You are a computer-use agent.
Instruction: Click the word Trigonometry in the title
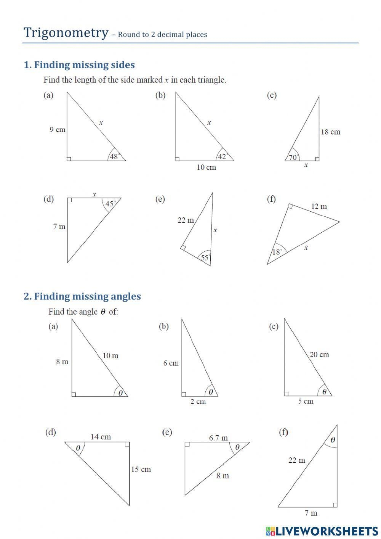[x=66, y=33]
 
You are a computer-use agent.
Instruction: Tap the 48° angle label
[x=115, y=156]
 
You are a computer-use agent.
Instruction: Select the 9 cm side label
[x=57, y=130]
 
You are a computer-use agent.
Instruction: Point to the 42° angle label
[x=223, y=156]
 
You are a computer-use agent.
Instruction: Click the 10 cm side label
[x=206, y=167]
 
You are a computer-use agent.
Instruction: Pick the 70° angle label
[x=294, y=157]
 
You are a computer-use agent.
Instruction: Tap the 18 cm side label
[x=330, y=132]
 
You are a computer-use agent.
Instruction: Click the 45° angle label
[x=110, y=204]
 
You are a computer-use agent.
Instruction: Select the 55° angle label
[x=206, y=257]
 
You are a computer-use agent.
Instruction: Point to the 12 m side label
[x=319, y=206]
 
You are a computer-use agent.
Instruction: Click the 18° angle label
[x=277, y=252]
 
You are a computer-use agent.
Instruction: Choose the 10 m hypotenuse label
[x=110, y=356]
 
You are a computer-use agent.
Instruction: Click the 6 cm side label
[x=171, y=363]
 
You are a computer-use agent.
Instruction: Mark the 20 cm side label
[x=319, y=354]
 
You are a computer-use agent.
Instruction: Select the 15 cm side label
[x=141, y=470]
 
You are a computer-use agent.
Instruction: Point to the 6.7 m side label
[x=218, y=438]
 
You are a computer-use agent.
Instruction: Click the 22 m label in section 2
[x=297, y=460]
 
